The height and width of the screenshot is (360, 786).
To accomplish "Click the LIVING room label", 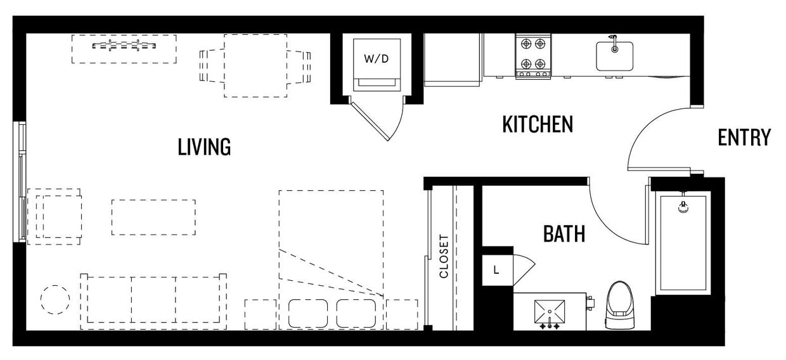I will coord(203,147).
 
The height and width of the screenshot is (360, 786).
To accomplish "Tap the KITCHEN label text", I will coord(538,124).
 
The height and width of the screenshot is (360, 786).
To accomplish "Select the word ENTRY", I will coord(744,138).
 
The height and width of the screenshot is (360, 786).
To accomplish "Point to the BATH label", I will coord(564,234).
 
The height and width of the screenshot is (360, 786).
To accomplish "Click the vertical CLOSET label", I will coord(444,257).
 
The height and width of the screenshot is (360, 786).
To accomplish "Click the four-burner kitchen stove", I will coord(532,56).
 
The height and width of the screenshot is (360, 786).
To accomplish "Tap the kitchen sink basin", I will coord(614,56).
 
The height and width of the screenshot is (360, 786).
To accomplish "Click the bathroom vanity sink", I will coord(550,311).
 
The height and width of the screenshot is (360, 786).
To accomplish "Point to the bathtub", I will coord(683,244).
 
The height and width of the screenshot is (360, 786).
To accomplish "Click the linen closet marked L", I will coord(496,270).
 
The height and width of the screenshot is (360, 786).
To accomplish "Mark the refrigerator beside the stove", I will coord(453,59).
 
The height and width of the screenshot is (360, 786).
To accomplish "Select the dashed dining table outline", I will coord(255,66).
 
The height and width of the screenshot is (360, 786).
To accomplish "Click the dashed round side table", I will coord(55,300).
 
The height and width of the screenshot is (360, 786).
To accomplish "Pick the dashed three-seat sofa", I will coord(153,300).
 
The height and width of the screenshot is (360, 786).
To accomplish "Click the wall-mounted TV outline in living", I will coord(124,48).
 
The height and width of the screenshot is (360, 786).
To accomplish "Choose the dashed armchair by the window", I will coord(58,216).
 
